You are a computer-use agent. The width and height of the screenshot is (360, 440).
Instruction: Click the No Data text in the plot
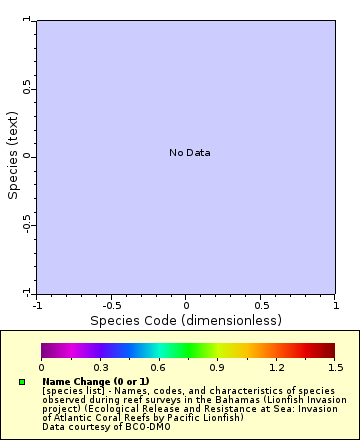(x=189, y=153)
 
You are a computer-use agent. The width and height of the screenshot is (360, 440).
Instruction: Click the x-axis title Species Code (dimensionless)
(x=186, y=321)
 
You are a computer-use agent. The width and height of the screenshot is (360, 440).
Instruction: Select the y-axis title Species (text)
(x=14, y=155)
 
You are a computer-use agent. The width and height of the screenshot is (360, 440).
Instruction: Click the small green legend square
(x=21, y=382)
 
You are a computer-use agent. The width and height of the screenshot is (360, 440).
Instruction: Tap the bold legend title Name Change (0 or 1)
(x=95, y=381)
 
